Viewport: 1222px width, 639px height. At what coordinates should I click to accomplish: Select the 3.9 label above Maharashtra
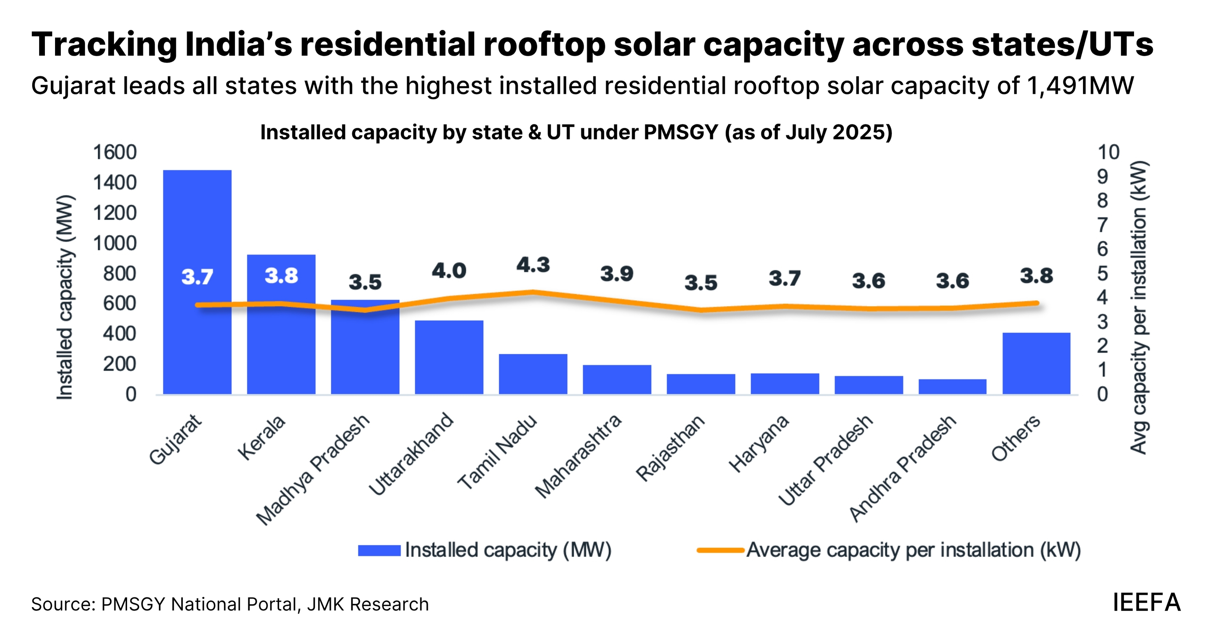point(617,274)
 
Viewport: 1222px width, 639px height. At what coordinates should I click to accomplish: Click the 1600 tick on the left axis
point(115,153)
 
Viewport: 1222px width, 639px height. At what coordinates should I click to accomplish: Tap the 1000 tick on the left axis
point(115,243)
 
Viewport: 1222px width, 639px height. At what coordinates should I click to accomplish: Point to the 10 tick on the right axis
point(1108,153)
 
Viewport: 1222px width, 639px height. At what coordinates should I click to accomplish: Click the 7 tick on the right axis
point(1103,225)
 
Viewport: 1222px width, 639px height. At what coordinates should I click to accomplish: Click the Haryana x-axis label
point(759,443)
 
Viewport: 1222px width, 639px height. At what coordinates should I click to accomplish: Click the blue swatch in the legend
point(379,550)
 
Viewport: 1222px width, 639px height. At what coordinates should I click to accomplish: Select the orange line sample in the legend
point(720,550)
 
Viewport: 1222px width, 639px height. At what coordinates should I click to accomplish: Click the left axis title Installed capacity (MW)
point(64,298)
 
